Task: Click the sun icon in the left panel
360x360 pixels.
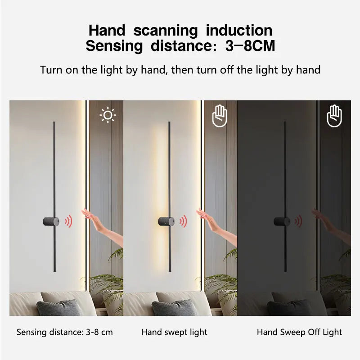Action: tap(108, 116)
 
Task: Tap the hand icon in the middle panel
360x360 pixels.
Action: tap(220, 117)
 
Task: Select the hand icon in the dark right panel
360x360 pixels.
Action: tap(334, 116)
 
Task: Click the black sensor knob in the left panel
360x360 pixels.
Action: tap(51, 221)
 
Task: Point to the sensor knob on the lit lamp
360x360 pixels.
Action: tap(166, 221)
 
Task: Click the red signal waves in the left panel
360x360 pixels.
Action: tap(68, 221)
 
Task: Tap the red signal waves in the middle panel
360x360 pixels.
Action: tap(183, 221)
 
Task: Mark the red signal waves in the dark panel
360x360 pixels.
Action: tap(298, 221)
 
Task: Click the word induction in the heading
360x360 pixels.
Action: tap(239, 31)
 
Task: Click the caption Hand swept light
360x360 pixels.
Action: tap(174, 332)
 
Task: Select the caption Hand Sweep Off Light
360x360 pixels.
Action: tap(299, 332)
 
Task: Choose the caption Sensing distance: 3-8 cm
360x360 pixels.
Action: tap(65, 332)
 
